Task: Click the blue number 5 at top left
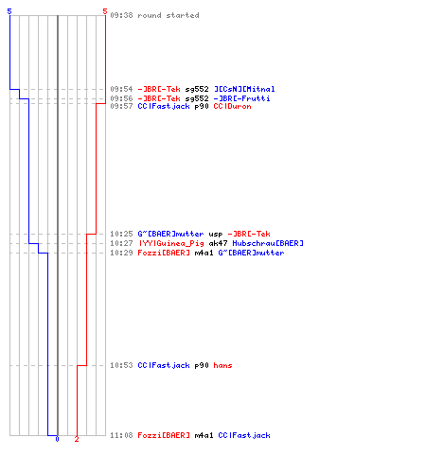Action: click(x=9, y=11)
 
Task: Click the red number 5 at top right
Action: click(x=105, y=11)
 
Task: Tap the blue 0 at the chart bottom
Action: click(x=57, y=439)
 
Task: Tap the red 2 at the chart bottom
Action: click(x=77, y=439)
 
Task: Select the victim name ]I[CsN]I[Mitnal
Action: click(x=244, y=89)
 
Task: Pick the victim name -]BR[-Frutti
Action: click(x=242, y=98)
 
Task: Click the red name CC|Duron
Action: click(x=232, y=106)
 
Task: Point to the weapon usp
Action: click(x=216, y=235)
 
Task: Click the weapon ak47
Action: click(x=218, y=243)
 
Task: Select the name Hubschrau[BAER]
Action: click(x=268, y=243)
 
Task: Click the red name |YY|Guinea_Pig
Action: click(x=171, y=243)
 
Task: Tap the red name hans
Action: click(x=222, y=365)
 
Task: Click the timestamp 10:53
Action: click(x=121, y=365)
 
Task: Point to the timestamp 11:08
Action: click(x=121, y=435)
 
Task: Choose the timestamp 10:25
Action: click(x=121, y=234)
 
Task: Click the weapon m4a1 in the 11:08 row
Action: click(x=204, y=435)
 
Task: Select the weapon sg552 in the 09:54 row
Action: click(x=197, y=90)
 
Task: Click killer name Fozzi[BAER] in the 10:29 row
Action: click(x=164, y=253)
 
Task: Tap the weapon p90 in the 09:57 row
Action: click(x=202, y=107)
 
